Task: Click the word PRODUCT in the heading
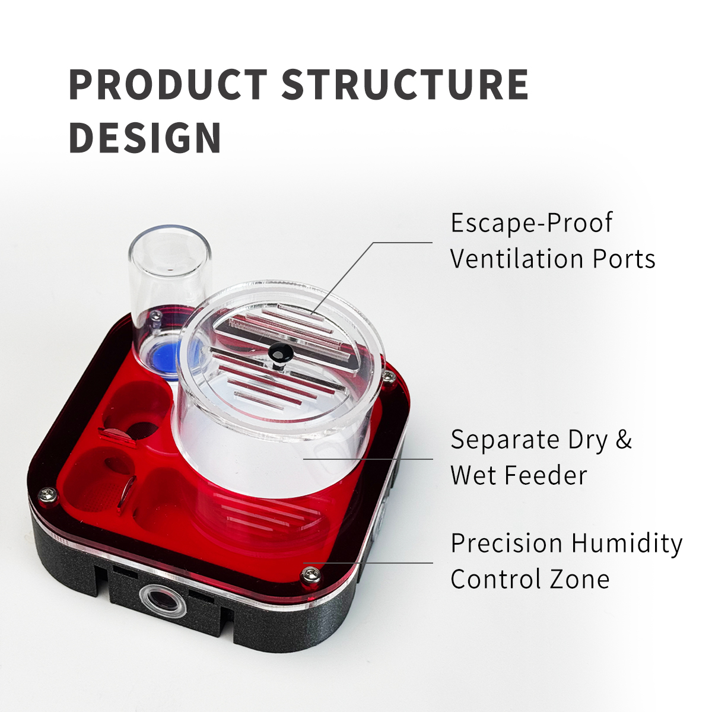pos(168,84)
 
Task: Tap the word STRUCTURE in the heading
pos(405,84)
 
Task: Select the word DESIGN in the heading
pos(145,138)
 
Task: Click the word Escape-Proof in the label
pos(531,224)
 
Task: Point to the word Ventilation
pos(517,259)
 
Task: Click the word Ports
pos(624,259)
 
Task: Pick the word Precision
pos(507,543)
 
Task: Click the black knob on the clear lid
pos(279,351)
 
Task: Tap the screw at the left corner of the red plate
pos(48,495)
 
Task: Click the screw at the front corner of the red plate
pos(310,576)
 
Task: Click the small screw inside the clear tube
pos(155,315)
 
